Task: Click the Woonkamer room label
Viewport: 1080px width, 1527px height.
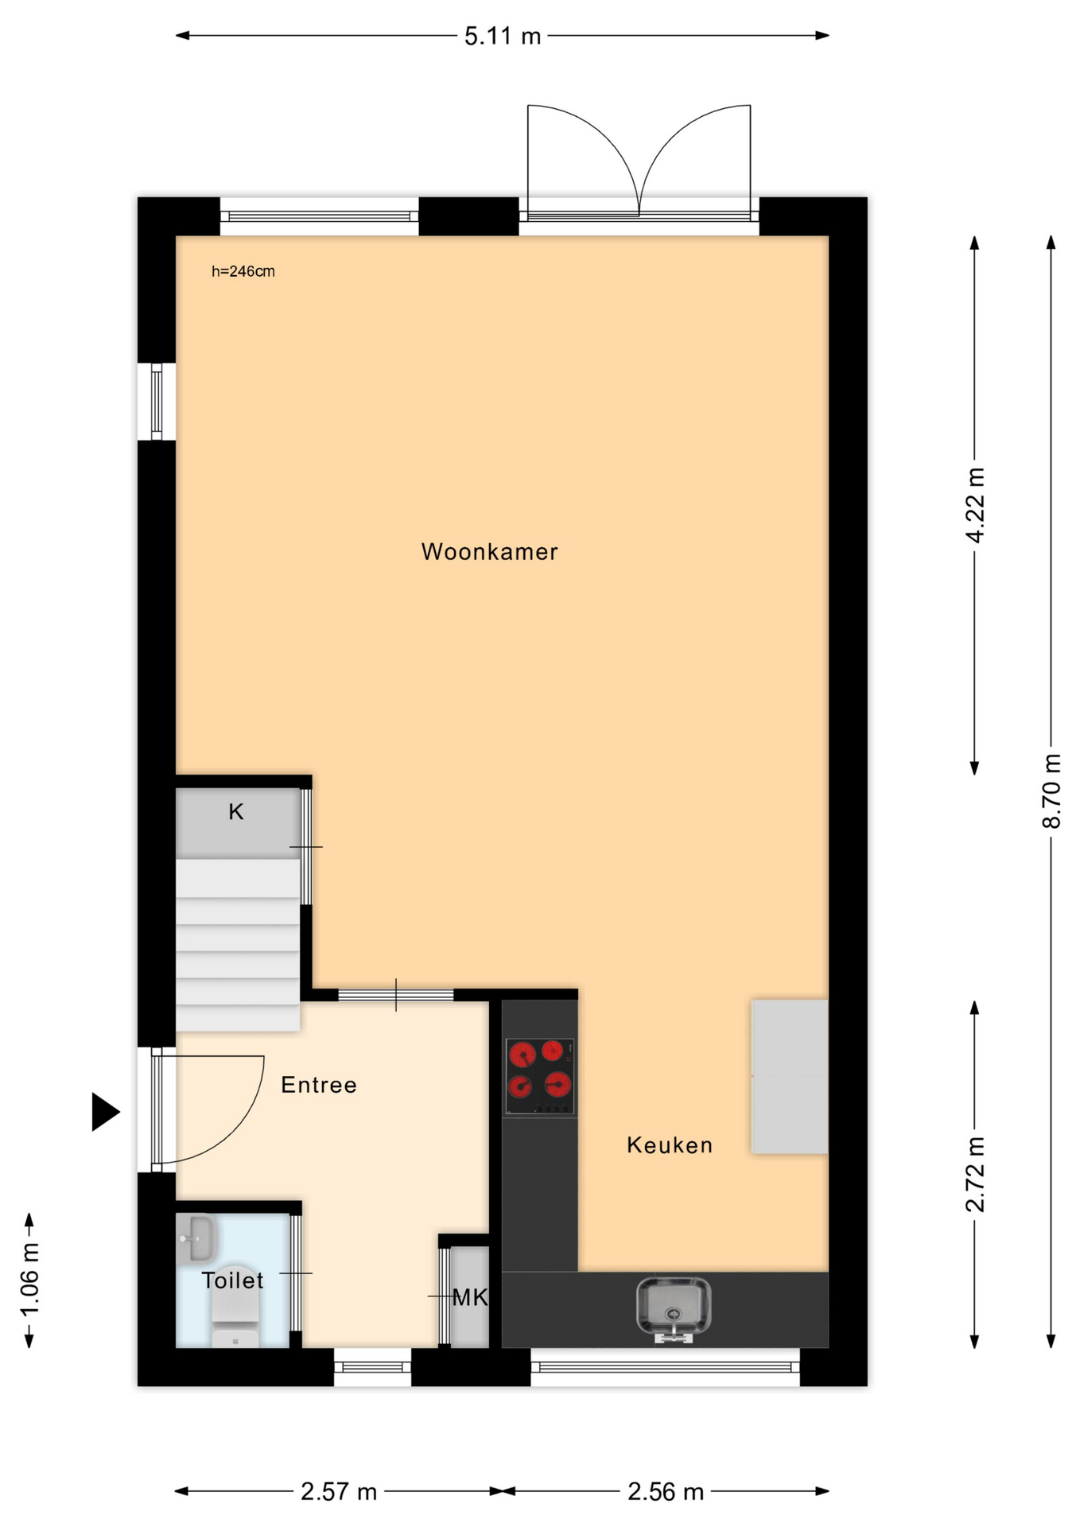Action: (x=489, y=551)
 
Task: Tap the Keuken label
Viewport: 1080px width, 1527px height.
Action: (x=670, y=1145)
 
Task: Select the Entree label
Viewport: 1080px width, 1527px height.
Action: (x=319, y=1085)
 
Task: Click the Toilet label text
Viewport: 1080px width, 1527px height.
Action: (x=232, y=1280)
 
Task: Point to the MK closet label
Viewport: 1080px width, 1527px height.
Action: (x=470, y=1298)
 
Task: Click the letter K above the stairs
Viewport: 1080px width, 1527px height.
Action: (x=236, y=812)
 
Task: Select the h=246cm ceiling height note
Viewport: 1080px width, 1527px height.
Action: (x=243, y=271)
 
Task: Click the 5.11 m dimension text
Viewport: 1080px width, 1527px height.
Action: (x=503, y=36)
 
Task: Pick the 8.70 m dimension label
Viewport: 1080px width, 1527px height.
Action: (x=1051, y=791)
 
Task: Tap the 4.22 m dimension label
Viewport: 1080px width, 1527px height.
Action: (x=975, y=505)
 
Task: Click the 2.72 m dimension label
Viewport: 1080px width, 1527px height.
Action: (x=975, y=1174)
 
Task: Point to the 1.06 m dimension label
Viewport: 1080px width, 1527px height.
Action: (x=29, y=1280)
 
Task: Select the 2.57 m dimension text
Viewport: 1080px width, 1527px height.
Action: (x=339, y=1492)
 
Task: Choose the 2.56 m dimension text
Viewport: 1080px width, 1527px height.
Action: (x=666, y=1492)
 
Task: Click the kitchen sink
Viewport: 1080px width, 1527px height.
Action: (x=674, y=1310)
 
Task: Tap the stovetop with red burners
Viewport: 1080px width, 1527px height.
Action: (x=540, y=1076)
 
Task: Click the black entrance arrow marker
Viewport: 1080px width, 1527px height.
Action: (x=105, y=1112)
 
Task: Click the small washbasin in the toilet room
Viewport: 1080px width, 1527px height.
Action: (x=196, y=1238)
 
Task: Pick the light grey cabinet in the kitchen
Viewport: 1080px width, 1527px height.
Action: (x=790, y=1077)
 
